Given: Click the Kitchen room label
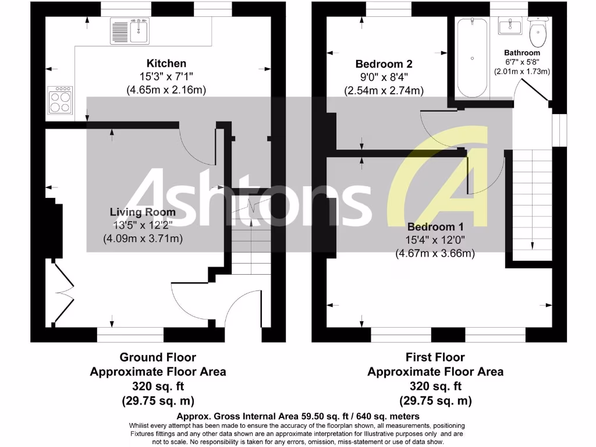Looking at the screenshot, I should tap(166, 63).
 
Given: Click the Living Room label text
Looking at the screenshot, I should tap(143, 212).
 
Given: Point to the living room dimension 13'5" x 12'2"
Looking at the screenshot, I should tap(143, 225).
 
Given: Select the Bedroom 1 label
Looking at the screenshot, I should tap(435, 226).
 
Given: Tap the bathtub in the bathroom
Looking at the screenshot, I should tap(472, 58).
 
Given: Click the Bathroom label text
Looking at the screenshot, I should tap(522, 53).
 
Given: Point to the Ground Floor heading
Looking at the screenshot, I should tap(158, 357).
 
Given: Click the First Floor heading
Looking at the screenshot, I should tap(435, 357).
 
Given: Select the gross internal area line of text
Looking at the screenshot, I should tap(297, 416).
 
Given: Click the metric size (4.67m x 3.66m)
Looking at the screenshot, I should tap(435, 253).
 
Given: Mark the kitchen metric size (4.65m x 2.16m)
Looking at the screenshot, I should tap(166, 90).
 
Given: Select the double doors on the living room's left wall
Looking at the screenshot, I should tap(63, 291).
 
